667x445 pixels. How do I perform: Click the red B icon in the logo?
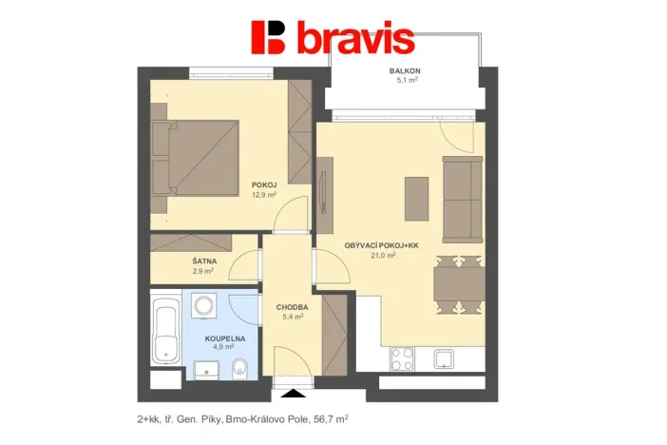269,37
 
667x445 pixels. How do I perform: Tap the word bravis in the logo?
354,39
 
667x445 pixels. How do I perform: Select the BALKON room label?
406,72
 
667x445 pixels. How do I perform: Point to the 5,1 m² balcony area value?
407,82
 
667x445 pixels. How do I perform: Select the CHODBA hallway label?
291,307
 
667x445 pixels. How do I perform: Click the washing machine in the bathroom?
204,306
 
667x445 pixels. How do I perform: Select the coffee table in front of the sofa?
416,198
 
